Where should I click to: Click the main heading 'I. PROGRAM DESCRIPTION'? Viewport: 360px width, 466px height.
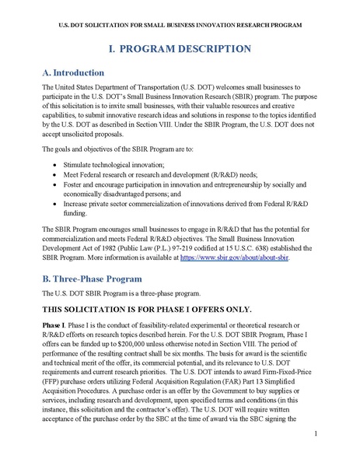180,49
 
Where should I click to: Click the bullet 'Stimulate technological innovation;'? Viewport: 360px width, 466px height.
114,166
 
